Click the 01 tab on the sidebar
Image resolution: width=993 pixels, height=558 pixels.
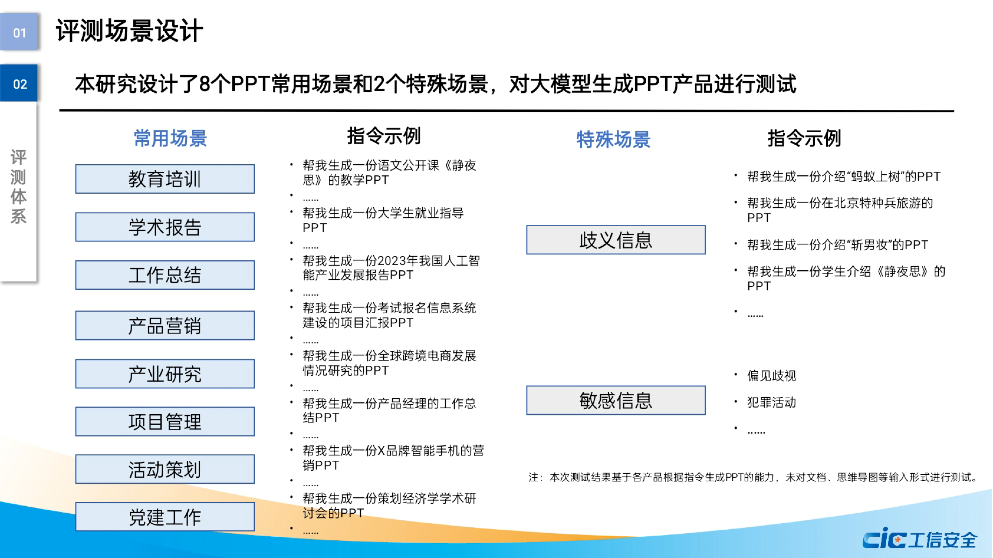tap(19, 32)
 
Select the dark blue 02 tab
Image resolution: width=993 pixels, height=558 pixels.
tap(19, 83)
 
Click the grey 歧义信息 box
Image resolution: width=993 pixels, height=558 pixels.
tap(616, 240)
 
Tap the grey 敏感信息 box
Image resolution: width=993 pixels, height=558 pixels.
tap(616, 400)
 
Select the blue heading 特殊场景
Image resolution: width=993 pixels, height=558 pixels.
tap(613, 139)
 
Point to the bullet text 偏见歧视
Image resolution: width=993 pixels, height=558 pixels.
tap(771, 376)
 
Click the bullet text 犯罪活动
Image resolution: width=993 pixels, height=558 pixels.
tap(771, 402)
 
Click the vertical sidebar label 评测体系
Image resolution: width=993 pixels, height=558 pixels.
tap(18, 187)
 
